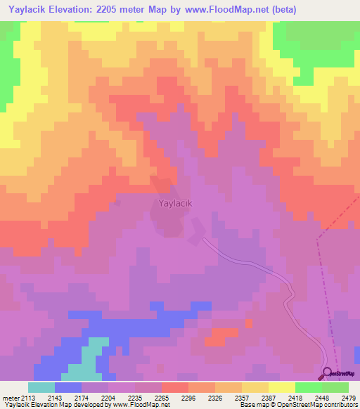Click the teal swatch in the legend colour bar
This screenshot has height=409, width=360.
41,387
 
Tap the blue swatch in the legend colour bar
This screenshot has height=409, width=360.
68,387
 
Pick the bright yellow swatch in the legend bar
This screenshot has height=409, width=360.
281,387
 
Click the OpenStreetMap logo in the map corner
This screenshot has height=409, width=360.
338,373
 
